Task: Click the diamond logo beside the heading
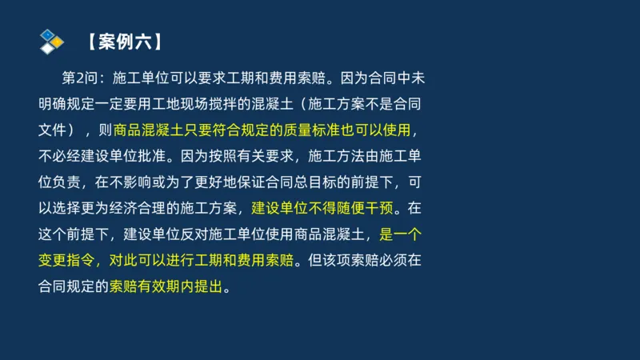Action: click(52, 41)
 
